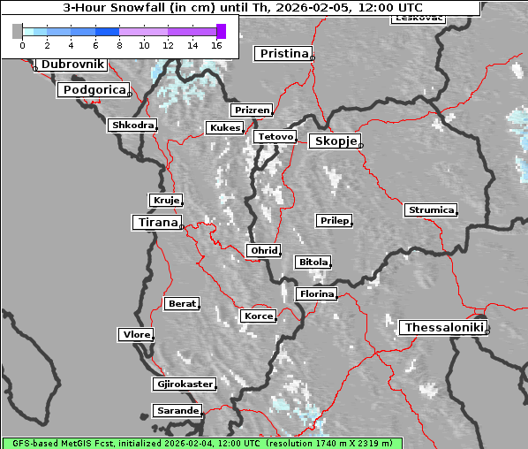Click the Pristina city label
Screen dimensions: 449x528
[283, 54]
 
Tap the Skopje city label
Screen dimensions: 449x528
[335, 141]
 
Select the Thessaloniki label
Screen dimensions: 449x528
[443, 328]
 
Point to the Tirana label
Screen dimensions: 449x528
[156, 223]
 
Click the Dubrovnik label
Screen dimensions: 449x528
[72, 65]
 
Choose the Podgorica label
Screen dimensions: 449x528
[94, 90]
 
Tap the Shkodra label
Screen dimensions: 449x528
[132, 126]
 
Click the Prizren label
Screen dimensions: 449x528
[251, 110]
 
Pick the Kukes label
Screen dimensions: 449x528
[224, 128]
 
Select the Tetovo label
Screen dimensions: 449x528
[275, 137]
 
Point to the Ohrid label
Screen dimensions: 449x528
[264, 251]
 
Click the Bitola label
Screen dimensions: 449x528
[313, 263]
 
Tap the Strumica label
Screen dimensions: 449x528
[431, 210]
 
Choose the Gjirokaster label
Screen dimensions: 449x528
[184, 384]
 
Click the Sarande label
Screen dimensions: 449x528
[177, 411]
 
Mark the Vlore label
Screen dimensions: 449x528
[136, 334]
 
